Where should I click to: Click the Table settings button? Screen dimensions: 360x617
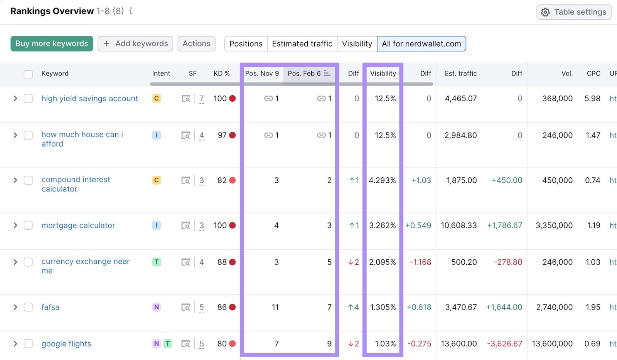573,12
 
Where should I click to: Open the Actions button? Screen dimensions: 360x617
196,44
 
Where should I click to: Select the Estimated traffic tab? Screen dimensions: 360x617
302,44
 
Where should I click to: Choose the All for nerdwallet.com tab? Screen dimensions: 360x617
421,44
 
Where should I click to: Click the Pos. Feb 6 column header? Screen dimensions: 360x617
304,73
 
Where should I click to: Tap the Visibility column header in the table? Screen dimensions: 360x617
383,73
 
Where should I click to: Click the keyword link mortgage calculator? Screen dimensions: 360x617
78,225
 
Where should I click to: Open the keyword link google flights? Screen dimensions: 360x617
66,344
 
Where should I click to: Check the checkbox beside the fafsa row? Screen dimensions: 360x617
28,307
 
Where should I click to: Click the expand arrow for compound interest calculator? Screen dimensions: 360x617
15,180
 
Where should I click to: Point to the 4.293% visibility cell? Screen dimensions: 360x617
382,180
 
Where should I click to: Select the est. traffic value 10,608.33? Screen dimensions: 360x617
459,225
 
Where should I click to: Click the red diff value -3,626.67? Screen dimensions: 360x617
504,344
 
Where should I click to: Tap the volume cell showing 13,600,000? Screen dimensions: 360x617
552,344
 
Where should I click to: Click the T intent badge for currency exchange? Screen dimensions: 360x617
157,262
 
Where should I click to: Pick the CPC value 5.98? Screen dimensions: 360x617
592,99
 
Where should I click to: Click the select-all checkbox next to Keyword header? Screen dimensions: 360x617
28,74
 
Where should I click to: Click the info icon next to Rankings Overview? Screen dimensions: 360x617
131,11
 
